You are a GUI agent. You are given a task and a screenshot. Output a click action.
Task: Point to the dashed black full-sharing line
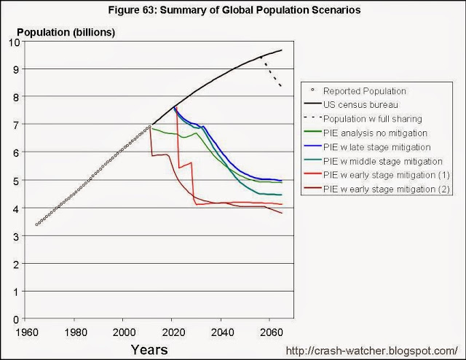272,72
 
